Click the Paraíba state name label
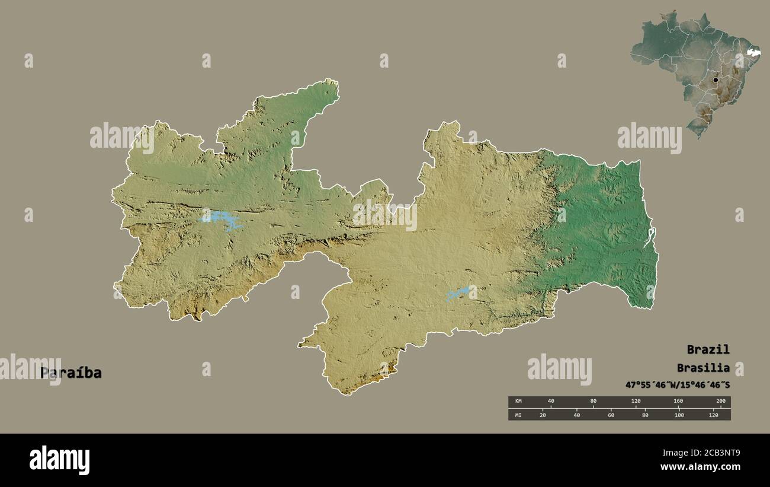[70, 373]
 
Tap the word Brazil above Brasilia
[708, 349]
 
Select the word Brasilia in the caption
[703, 368]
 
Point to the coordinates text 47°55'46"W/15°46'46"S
[678, 385]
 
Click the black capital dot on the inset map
[716, 79]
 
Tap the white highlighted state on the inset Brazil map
[753, 54]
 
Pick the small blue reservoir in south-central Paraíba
[460, 293]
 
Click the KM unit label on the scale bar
[518, 402]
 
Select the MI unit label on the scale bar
[518, 415]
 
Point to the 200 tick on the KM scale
[720, 402]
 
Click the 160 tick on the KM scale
[678, 402]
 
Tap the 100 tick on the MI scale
[679, 415]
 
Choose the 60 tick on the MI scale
[611, 415]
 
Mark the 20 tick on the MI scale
[542, 415]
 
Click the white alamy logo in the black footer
[59, 460]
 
